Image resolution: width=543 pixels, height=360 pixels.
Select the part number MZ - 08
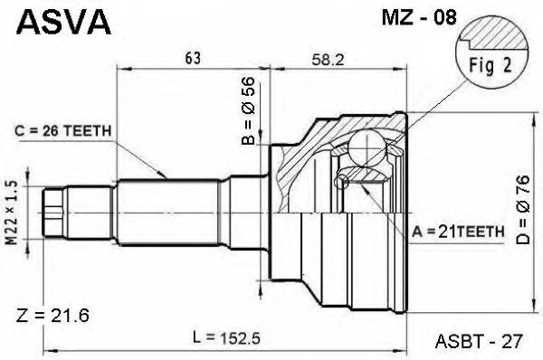(419, 18)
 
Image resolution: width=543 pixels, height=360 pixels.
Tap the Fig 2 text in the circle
(490, 65)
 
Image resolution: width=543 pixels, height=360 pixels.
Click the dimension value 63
(193, 58)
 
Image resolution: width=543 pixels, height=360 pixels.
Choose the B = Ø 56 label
(248, 110)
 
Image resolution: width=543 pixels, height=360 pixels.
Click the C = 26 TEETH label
(63, 131)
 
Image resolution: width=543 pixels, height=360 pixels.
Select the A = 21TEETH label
(458, 232)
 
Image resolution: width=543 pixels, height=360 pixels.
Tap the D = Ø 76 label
(522, 210)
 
